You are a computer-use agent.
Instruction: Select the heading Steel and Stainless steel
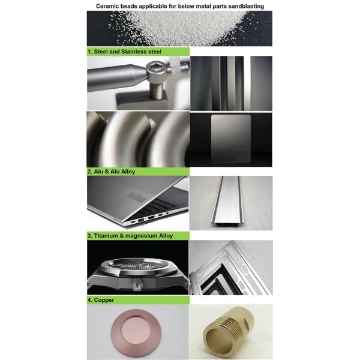click(x=128, y=52)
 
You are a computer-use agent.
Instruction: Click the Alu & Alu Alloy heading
click(x=115, y=172)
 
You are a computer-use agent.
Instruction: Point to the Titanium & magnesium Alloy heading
click(x=133, y=236)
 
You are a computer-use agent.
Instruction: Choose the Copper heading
click(x=104, y=300)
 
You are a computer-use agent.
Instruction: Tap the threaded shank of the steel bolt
click(x=157, y=89)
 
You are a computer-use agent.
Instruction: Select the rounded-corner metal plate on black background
click(x=231, y=138)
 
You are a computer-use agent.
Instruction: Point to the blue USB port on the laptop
click(x=140, y=220)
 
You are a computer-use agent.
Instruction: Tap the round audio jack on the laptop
click(x=167, y=213)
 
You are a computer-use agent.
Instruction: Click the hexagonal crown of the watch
click(x=137, y=285)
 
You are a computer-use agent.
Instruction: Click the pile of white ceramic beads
click(x=184, y=26)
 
